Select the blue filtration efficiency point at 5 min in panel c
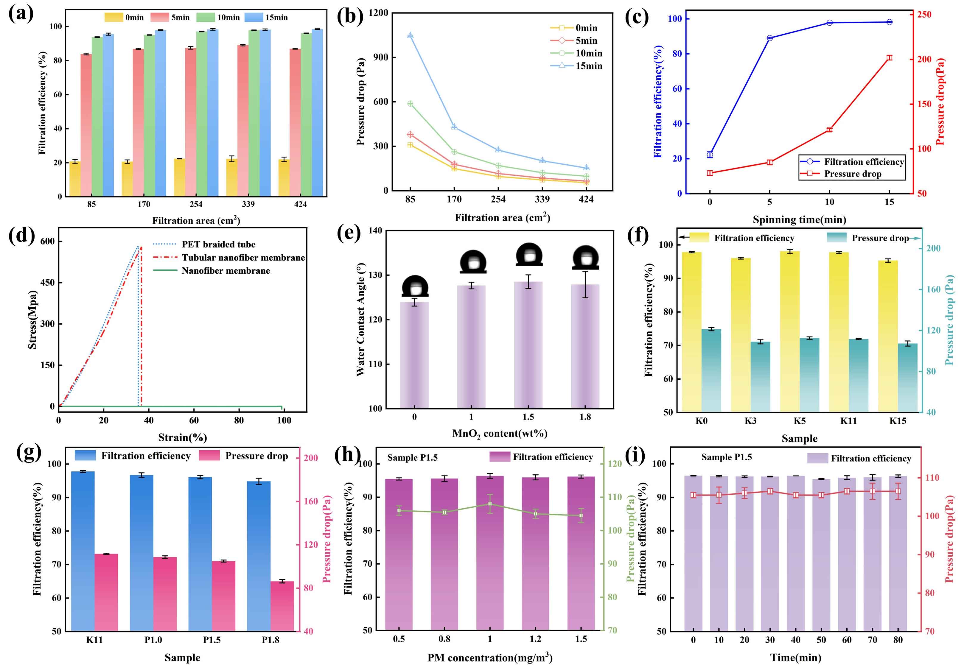coord(770,38)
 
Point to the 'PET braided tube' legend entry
coord(218,244)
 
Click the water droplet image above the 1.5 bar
coord(529,254)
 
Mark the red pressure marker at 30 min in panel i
coord(770,491)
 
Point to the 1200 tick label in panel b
coord(378,13)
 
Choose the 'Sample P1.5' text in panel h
coord(412,458)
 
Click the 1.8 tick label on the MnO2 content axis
coord(585,417)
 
